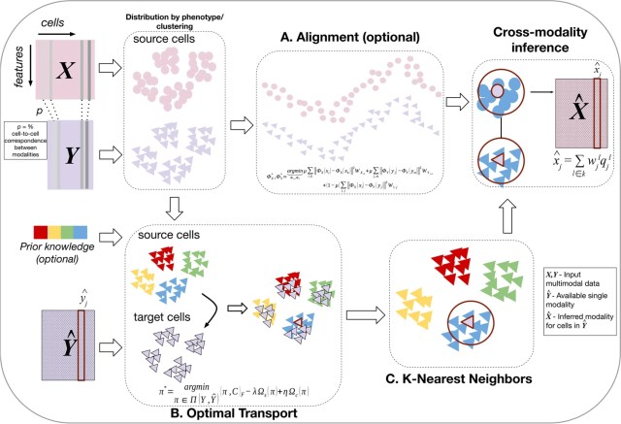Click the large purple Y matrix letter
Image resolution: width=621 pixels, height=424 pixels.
click(61, 154)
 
